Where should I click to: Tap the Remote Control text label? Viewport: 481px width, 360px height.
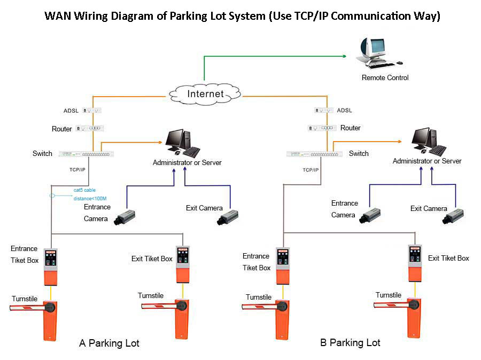click(x=385, y=78)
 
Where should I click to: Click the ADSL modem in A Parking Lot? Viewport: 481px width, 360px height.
click(x=89, y=111)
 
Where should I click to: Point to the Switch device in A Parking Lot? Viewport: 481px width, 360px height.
click(x=86, y=154)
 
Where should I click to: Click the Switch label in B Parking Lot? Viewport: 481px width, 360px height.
click(x=359, y=154)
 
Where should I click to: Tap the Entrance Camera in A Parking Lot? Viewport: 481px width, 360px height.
click(x=124, y=216)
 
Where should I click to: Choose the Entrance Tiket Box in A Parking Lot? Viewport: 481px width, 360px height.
click(x=51, y=266)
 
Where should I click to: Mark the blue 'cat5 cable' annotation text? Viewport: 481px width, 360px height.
click(x=85, y=190)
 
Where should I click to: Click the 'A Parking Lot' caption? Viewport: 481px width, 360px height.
click(x=109, y=343)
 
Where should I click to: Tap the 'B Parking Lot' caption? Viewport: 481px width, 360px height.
click(x=350, y=342)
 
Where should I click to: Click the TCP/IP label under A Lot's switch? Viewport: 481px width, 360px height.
click(x=77, y=169)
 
